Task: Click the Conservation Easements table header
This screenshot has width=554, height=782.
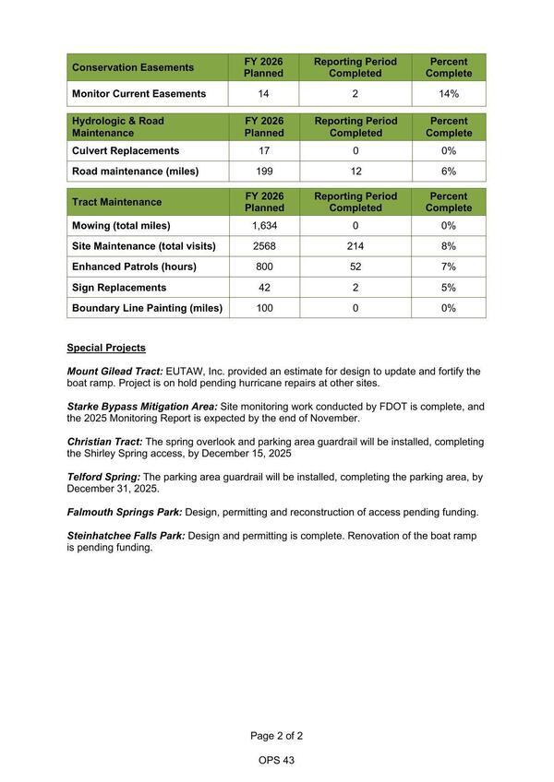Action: click(133, 67)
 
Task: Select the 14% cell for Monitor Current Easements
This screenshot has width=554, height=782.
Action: click(449, 94)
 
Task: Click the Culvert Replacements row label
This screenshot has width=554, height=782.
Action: click(126, 150)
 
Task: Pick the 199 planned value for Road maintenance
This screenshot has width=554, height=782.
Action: click(264, 171)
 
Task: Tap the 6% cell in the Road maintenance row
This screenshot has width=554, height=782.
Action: click(449, 171)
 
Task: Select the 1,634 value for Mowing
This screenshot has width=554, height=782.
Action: click(264, 226)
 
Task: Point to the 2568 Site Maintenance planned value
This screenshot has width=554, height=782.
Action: click(264, 246)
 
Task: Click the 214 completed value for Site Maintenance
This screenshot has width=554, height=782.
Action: click(355, 246)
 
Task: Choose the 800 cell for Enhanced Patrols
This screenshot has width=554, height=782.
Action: click(264, 267)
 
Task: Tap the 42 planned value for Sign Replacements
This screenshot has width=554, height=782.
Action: click(264, 288)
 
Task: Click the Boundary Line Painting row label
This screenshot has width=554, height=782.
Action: click(147, 308)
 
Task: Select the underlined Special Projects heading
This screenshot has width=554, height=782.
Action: click(106, 349)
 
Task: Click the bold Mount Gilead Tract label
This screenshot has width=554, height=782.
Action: click(114, 372)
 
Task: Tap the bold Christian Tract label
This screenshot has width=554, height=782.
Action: click(104, 442)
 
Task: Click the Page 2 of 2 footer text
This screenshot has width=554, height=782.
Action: click(276, 736)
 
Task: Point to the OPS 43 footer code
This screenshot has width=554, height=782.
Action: click(276, 761)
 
